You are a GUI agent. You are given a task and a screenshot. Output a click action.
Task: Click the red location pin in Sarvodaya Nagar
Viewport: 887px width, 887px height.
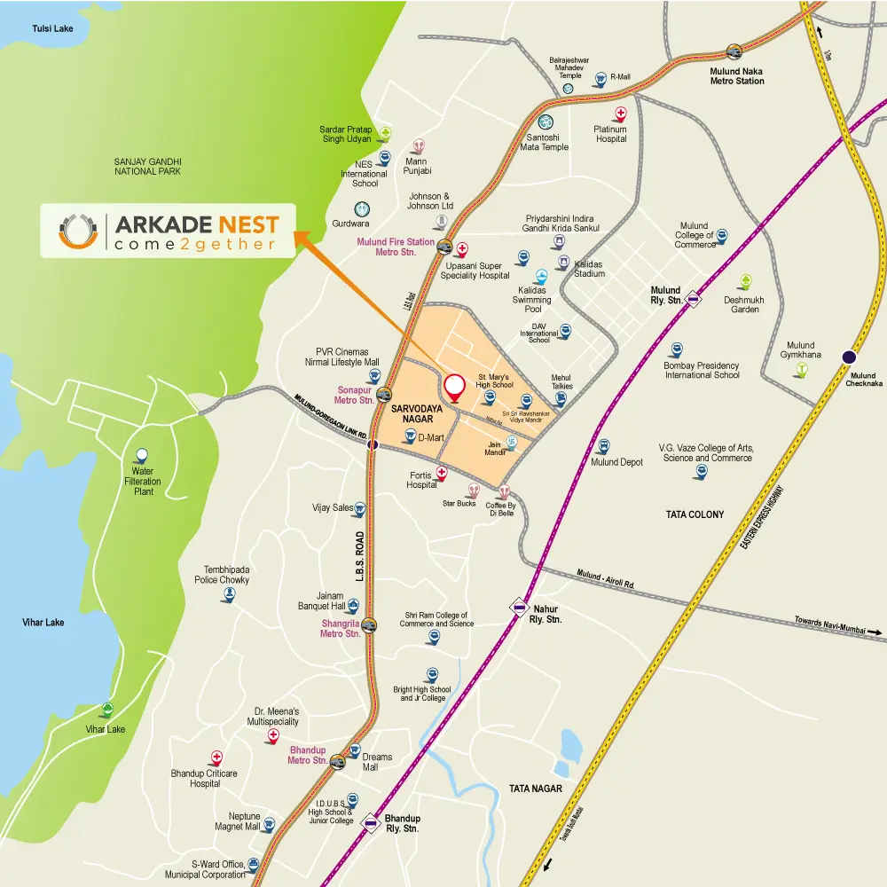[455, 387]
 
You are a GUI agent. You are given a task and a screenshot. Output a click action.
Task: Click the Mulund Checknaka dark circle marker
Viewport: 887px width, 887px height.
[849, 357]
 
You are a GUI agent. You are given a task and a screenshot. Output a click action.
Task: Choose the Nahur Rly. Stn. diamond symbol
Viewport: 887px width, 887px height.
[519, 608]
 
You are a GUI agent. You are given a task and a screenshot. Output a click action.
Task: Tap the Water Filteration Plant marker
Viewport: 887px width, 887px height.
[141, 456]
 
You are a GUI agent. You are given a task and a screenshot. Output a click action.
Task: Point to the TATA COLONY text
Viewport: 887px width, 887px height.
[695, 514]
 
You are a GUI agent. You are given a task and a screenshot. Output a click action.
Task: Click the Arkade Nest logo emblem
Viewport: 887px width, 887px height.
[77, 231]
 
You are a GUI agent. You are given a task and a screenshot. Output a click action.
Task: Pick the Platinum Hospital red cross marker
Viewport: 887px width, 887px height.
[621, 114]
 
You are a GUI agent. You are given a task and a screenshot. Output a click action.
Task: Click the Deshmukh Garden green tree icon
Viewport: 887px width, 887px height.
[746, 281]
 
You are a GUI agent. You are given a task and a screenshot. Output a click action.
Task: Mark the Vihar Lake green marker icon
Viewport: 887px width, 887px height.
[107, 710]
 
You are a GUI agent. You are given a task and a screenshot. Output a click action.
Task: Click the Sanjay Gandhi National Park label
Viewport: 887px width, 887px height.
[147, 166]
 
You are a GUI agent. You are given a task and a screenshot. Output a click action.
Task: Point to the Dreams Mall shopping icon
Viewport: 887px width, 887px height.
[353, 751]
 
